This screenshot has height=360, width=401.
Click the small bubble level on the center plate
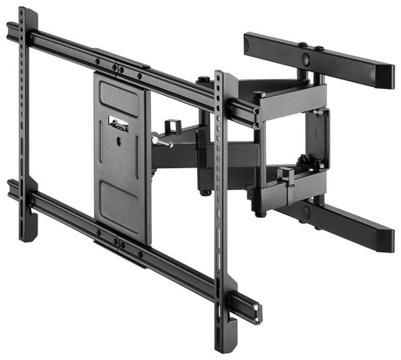point(119,124)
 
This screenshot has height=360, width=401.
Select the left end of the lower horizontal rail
point(11,188)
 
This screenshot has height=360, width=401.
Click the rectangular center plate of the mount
point(121,157)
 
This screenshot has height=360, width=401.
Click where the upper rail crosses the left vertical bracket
point(26,36)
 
